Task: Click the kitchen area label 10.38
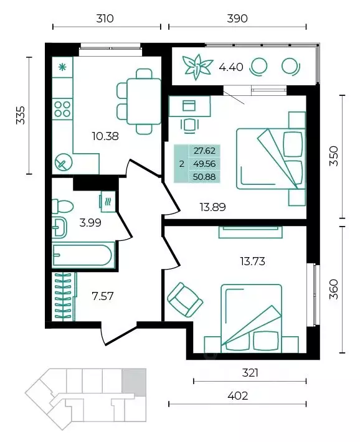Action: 105,136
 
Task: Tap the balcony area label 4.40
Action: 231,67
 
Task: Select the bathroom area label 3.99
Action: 90,223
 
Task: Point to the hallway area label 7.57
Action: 103,296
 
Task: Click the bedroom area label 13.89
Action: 213,207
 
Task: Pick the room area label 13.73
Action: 252,261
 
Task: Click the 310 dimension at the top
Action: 105,19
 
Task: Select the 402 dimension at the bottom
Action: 237,396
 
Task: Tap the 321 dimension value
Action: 250,373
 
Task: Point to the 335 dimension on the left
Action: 21,115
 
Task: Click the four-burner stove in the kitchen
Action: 62,109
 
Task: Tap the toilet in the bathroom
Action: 63,206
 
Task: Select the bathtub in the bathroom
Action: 83,255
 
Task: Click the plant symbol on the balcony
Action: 197,67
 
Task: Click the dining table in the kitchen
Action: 144,101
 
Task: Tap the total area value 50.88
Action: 204,177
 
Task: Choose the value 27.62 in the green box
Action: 204,151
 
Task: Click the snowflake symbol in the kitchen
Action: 62,67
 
